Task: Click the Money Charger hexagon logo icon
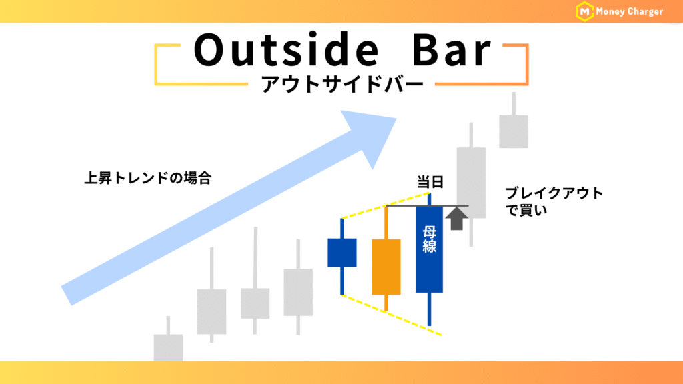(584, 11)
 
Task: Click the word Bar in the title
(452, 49)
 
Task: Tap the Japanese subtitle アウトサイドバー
(342, 84)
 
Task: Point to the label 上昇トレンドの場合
(147, 178)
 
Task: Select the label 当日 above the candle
(430, 181)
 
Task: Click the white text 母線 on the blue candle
(430, 239)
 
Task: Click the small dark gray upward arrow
(456, 219)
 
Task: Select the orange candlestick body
(386, 267)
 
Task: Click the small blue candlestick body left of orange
(342, 253)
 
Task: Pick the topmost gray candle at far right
(514, 131)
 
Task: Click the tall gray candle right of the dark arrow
(471, 183)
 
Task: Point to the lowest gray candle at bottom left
(168, 347)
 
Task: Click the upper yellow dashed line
(386, 205)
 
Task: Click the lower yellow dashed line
(392, 315)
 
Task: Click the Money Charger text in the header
(630, 12)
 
